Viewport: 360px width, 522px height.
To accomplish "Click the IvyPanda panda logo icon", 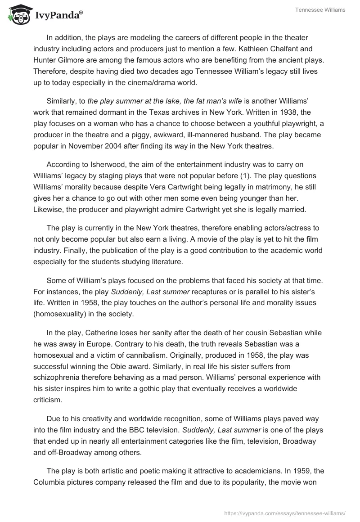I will click(x=18, y=14).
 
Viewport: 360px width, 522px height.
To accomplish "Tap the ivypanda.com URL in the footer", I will click(x=284, y=512).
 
